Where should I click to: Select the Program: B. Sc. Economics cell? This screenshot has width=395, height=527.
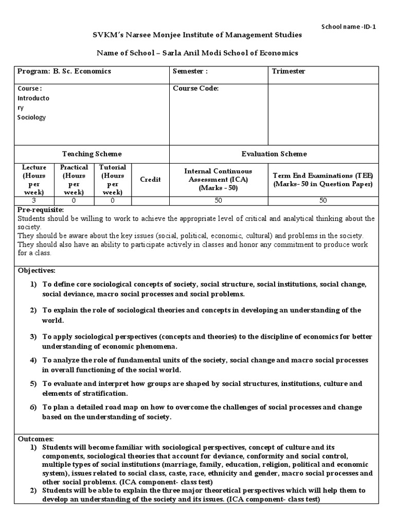click(64, 72)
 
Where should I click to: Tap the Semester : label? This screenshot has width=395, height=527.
click(190, 72)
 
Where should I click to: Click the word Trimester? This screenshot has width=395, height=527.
click(289, 72)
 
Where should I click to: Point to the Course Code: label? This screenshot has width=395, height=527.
click(196, 89)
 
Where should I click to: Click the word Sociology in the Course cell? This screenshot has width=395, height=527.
click(32, 117)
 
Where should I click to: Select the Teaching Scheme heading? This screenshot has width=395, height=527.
click(92, 154)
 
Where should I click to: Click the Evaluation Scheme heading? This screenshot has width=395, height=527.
click(274, 154)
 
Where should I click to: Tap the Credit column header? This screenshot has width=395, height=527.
click(150, 179)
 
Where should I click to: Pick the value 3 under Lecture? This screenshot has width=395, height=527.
click(34, 201)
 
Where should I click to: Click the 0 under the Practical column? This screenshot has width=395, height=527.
click(74, 201)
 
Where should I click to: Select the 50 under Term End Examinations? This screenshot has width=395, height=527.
click(324, 201)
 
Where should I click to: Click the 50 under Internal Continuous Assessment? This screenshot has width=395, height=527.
click(219, 201)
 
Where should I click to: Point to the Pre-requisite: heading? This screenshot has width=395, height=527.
click(41, 210)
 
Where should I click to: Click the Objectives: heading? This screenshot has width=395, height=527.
click(37, 270)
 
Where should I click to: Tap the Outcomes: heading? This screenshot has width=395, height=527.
click(35, 439)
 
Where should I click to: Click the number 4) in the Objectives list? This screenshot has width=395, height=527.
click(33, 361)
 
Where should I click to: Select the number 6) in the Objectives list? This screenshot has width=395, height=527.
click(33, 408)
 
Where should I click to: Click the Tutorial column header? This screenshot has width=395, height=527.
click(113, 179)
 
